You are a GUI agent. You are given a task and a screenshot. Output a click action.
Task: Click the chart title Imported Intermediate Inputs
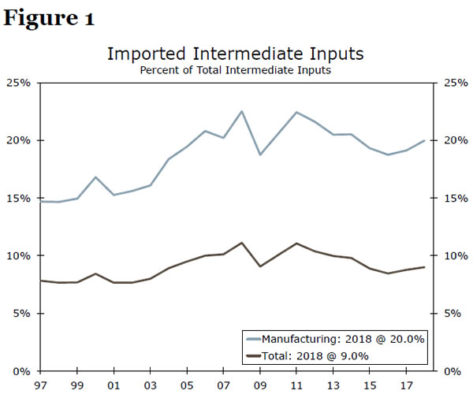(x=235, y=54)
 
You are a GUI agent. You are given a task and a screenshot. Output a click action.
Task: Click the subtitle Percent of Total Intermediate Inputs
(x=235, y=70)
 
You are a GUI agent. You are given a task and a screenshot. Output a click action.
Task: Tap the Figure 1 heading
(x=49, y=19)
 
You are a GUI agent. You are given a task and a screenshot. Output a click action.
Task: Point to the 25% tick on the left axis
(x=20, y=83)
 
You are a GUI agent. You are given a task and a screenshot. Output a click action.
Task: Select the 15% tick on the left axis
(x=20, y=198)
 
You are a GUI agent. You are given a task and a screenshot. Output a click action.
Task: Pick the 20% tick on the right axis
(x=453, y=140)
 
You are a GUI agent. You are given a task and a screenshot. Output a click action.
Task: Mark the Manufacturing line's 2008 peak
(x=241, y=111)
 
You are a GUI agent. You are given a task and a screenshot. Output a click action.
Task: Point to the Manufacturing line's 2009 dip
(x=259, y=154)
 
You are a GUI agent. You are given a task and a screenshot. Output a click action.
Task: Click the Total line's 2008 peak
(x=241, y=243)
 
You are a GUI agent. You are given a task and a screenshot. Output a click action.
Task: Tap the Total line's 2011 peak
(x=296, y=244)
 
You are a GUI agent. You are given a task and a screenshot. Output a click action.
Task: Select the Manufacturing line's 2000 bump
(x=95, y=177)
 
